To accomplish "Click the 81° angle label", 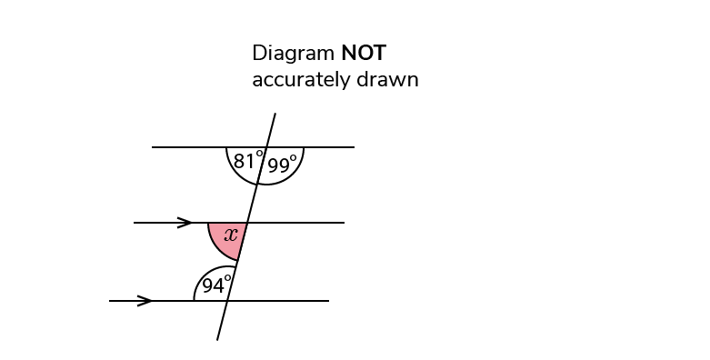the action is (x=247, y=162).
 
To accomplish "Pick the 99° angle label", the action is (x=283, y=165).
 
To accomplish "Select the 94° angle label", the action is (x=216, y=285).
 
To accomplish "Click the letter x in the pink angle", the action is (x=231, y=235).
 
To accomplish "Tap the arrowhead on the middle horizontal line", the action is (x=185, y=223).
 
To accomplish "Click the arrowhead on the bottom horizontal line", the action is (x=145, y=301).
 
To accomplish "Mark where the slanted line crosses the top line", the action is (x=265, y=147).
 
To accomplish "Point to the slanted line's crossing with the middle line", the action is (x=247, y=223).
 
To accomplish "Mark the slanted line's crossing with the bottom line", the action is (x=227, y=301).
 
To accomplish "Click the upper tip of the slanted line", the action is (x=275, y=114).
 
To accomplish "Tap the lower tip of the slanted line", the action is (x=217, y=340).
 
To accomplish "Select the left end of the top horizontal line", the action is (x=153, y=147).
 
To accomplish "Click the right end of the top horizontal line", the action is (x=354, y=147).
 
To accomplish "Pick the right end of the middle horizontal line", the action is (x=344, y=223).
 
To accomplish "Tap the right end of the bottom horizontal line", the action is (x=328, y=301).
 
